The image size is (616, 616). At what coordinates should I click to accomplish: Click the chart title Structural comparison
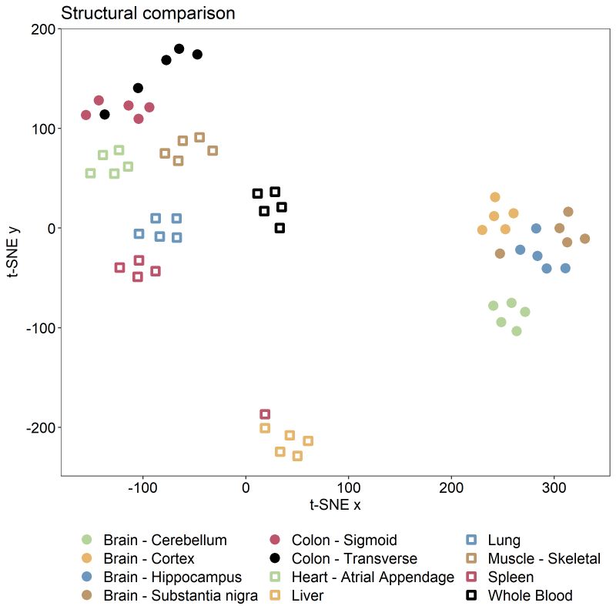point(148,14)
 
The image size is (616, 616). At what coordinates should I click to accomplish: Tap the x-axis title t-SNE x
point(335,505)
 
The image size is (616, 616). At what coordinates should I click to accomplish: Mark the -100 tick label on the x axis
point(143,487)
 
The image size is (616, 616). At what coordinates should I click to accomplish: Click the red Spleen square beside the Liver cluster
point(265,414)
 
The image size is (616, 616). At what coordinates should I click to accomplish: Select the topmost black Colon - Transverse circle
point(179,49)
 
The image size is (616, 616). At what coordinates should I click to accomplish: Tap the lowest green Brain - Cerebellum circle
point(517,331)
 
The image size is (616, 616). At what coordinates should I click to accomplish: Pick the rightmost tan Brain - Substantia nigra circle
point(584,239)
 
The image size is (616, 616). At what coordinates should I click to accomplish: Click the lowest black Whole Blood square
point(280,228)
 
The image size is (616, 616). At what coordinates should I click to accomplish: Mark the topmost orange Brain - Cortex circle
point(495,197)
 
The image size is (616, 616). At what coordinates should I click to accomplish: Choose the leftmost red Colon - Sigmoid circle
point(86,115)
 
